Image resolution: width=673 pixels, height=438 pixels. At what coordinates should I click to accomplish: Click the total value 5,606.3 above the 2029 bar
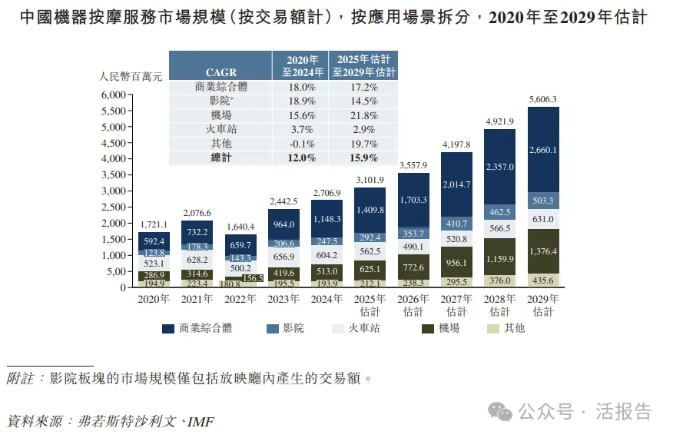pos(542,100)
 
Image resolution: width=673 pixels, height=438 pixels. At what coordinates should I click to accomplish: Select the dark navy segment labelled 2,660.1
pos(543,150)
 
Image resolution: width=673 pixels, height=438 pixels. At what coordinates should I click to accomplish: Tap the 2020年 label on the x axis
pos(154,300)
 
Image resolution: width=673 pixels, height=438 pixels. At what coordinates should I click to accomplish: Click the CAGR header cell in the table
pos(220,72)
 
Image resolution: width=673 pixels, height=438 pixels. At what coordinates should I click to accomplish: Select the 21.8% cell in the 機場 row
pos(363,114)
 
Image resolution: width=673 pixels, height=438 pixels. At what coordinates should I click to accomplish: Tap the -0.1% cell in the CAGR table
pos(300,144)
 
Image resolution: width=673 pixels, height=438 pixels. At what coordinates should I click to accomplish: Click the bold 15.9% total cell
pos(363,158)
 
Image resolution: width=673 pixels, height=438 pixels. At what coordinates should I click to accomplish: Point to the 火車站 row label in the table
pos(220,129)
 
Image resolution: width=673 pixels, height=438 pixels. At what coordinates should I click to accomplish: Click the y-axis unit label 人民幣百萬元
pos(130,76)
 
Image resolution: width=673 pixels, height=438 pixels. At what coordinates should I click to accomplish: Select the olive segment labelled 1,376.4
pos(543,251)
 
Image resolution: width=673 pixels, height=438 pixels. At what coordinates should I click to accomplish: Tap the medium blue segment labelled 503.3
pos(543,201)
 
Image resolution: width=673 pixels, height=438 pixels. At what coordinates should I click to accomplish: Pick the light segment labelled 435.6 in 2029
pos(543,280)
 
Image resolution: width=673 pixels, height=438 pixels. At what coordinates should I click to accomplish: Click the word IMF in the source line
pos(201,422)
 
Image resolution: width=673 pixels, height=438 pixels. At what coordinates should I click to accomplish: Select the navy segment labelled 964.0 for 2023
pos(284,225)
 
